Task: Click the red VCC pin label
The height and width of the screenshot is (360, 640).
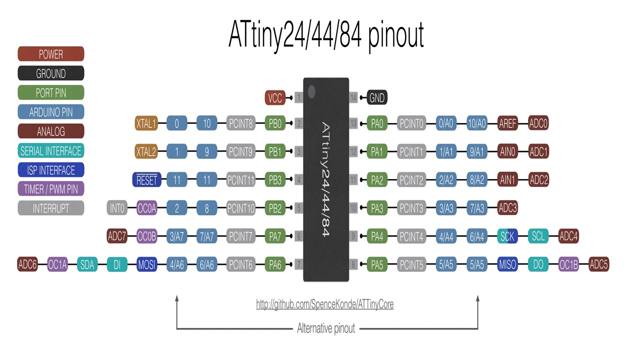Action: [x=275, y=98]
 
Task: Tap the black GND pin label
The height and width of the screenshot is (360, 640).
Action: [x=377, y=98]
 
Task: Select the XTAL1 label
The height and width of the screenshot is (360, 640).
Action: [x=146, y=123]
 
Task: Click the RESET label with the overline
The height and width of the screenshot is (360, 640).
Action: [x=146, y=180]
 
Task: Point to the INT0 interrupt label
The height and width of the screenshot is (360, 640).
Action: [x=117, y=208]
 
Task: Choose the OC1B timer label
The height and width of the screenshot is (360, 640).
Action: [x=568, y=264]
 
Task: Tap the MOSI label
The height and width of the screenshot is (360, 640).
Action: [x=147, y=264]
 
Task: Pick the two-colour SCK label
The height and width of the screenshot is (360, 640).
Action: [x=507, y=236]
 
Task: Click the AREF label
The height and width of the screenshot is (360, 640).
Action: [x=507, y=123]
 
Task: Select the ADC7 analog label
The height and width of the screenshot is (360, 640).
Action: [x=117, y=236]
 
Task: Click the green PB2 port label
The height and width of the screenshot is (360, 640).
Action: [x=275, y=208]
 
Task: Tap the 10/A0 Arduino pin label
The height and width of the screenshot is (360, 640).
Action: [x=477, y=123]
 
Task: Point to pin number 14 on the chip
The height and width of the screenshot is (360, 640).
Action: [x=353, y=98]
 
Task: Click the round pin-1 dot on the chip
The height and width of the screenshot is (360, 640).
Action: [x=311, y=91]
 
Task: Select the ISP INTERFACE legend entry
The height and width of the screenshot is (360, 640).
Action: [x=50, y=170]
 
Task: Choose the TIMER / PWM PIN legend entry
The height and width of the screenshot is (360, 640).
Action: [x=50, y=189]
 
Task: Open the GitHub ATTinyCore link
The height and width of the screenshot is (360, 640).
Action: [x=324, y=304]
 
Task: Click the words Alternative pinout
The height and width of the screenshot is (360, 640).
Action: [x=326, y=328]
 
